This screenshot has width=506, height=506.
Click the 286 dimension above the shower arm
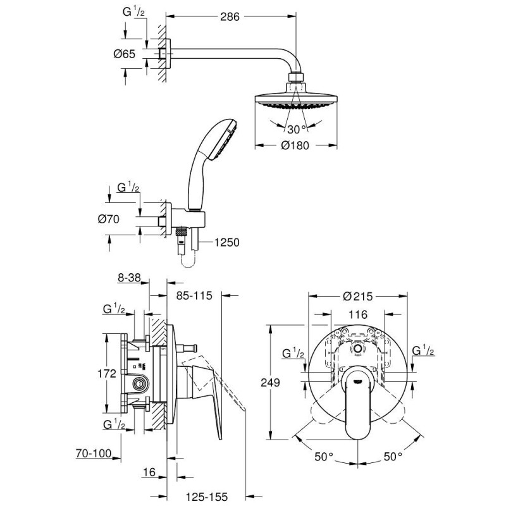[x=229, y=18]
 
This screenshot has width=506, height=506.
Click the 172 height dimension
[x=106, y=373]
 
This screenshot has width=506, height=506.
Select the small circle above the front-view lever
[x=359, y=349]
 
